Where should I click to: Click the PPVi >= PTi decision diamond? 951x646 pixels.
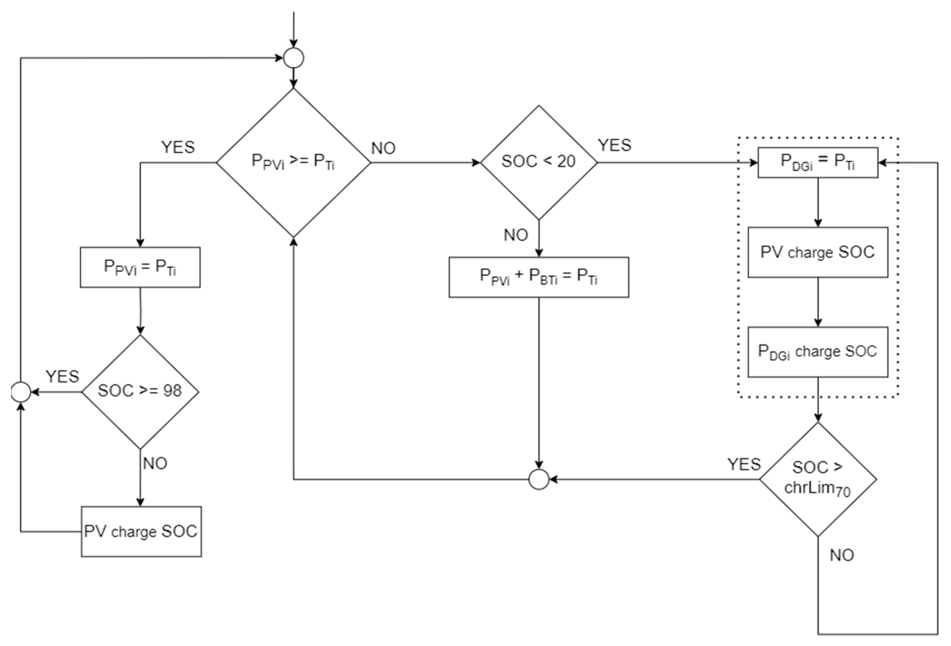point(293,163)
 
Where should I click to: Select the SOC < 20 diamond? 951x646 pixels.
point(538,163)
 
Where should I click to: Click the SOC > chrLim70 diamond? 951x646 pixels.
point(817,479)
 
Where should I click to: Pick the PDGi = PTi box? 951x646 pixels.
point(817,163)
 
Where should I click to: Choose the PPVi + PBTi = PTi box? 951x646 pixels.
point(538,277)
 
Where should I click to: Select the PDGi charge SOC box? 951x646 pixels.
point(817,352)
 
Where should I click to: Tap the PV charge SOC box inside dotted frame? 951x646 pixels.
point(817,252)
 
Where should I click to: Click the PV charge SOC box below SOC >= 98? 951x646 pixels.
point(141,531)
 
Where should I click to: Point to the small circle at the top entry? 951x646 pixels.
point(293,58)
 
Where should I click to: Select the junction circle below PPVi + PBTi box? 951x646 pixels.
point(538,479)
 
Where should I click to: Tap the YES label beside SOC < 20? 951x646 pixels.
point(614,145)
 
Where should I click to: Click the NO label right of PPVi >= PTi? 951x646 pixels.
point(383,148)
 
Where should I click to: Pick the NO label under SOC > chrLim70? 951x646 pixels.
point(842,555)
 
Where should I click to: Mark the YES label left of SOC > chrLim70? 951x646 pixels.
point(744,464)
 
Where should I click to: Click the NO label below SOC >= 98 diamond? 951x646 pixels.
point(155,463)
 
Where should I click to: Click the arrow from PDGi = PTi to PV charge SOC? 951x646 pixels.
point(817,203)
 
